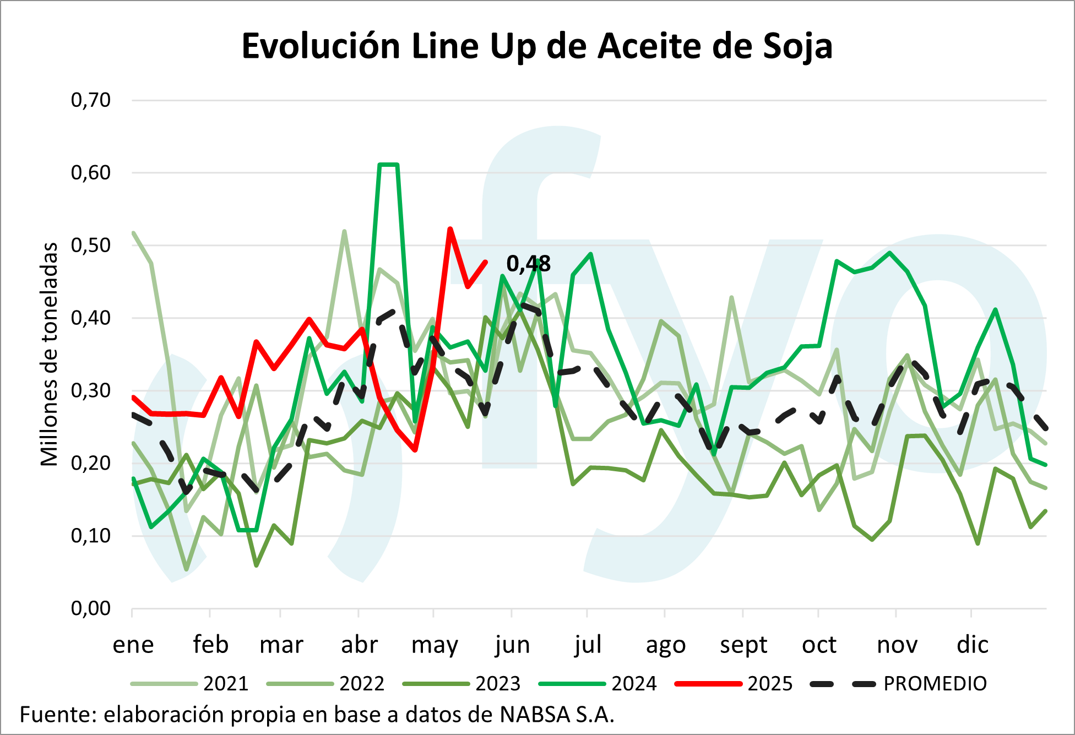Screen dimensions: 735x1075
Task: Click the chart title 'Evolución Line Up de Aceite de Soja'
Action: click(x=537, y=46)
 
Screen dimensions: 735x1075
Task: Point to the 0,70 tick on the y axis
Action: click(x=91, y=100)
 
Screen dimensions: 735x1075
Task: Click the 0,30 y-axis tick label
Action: click(x=91, y=390)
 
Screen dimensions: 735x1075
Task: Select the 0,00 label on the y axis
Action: click(x=91, y=608)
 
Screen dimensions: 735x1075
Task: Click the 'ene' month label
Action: click(x=133, y=645)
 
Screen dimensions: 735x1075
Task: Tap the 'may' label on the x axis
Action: click(x=435, y=645)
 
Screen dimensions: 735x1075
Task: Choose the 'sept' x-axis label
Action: click(x=743, y=645)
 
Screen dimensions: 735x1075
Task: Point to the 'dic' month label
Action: click(x=972, y=645)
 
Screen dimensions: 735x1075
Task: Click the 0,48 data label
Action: click(x=528, y=264)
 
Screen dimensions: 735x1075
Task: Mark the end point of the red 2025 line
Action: click(x=485, y=262)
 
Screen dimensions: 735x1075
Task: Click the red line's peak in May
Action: click(x=450, y=228)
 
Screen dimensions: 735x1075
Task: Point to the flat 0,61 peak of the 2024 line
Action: click(x=388, y=165)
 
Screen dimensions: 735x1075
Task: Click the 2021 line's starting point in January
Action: click(x=134, y=233)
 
